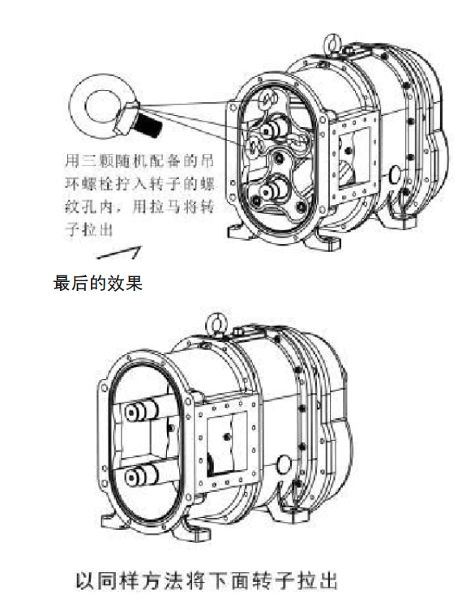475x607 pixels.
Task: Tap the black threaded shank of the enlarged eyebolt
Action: (150, 124)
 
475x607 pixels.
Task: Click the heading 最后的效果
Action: (98, 283)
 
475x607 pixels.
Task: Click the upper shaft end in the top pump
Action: (274, 129)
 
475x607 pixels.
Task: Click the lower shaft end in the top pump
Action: (273, 189)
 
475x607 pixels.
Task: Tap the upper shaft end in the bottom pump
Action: (139, 412)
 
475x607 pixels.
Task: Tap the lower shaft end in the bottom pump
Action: (139, 475)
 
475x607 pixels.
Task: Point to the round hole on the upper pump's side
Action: (395, 173)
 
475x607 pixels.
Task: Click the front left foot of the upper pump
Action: (237, 232)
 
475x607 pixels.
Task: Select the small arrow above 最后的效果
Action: (119, 252)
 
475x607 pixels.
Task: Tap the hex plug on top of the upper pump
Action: (348, 49)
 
